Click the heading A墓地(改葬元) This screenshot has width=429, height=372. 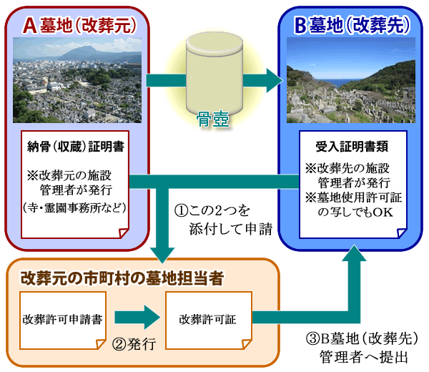coord(79,24)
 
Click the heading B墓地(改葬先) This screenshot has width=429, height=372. coord(351,24)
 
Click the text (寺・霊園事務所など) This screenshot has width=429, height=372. coord(75,209)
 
